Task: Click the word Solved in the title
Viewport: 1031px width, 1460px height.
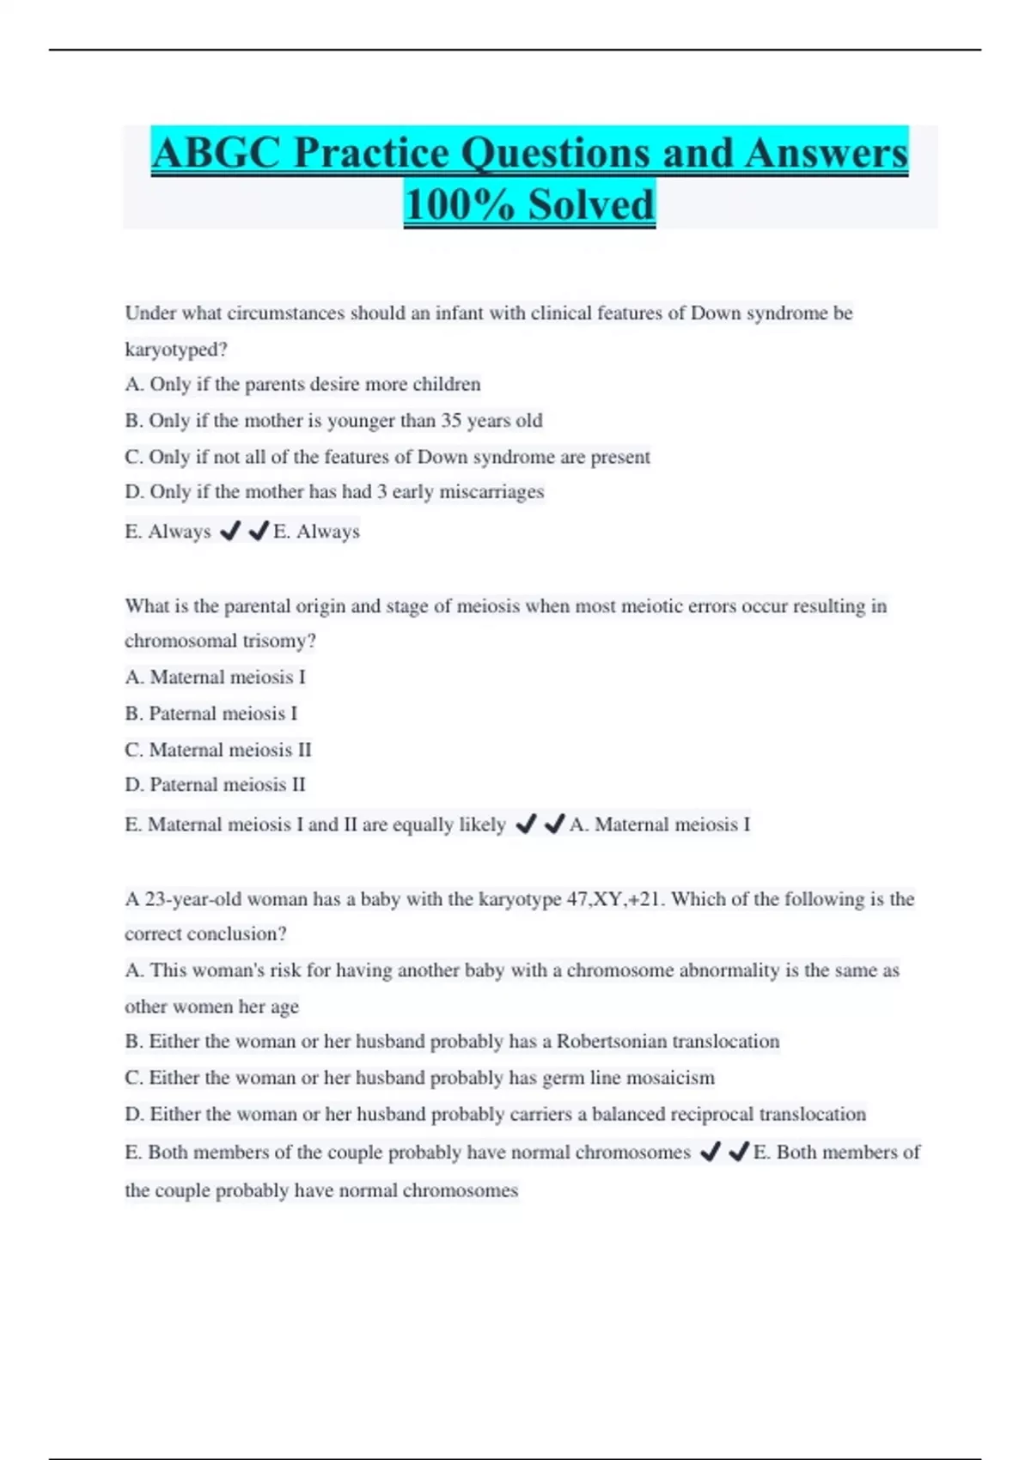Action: (591, 205)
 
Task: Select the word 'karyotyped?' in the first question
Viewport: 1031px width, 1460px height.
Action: (176, 350)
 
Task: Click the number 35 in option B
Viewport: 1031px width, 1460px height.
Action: (451, 421)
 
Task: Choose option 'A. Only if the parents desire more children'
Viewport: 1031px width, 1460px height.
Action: (302, 385)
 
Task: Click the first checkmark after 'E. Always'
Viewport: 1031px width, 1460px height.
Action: (229, 532)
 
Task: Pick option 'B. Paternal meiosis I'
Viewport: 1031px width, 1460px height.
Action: (211, 714)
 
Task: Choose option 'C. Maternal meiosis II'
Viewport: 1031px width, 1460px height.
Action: (218, 750)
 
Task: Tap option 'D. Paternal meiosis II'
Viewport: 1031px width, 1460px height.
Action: (215, 785)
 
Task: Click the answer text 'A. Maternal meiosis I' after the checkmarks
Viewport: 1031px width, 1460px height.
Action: (660, 824)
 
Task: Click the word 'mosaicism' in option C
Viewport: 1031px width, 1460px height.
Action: (670, 1078)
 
